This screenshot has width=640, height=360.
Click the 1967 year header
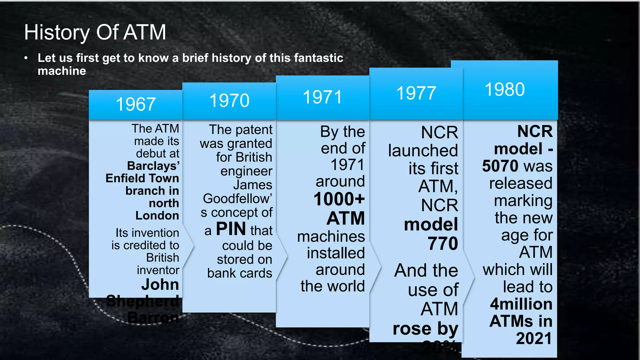pos(136,104)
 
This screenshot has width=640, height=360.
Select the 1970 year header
pos(229,101)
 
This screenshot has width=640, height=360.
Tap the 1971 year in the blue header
pos(322,97)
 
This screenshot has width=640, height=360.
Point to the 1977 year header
pos(416,93)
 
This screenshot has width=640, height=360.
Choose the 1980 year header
pos(505,89)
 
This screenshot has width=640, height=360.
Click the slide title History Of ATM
pos(95,32)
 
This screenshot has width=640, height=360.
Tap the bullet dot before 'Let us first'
pos(26,58)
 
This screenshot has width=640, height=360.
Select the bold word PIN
pos(231,229)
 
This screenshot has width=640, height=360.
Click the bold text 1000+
pos(339,199)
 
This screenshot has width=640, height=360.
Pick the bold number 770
pos(443,243)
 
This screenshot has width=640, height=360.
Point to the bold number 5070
pos(501,166)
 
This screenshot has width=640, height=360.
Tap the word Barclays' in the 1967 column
pos(153,166)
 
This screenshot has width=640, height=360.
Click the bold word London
pos(157,216)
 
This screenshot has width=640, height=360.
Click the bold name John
pos(160,284)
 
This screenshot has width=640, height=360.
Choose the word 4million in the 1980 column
pos(521,304)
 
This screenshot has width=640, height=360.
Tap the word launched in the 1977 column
pos(423,151)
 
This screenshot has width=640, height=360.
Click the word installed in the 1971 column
pos(336,253)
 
